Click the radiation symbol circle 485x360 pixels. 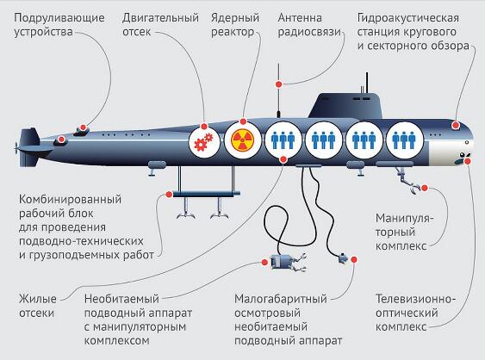(x=243, y=140)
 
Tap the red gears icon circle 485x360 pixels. (x=204, y=141)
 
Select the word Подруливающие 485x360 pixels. (x=59, y=18)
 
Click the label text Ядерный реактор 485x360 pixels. (x=234, y=25)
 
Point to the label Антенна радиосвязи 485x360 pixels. (x=309, y=25)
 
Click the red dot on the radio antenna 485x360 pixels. (x=279, y=84)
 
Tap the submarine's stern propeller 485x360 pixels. (x=16, y=148)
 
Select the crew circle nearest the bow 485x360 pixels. (x=404, y=140)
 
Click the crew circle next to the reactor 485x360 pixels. (x=283, y=140)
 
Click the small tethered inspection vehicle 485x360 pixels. (x=343, y=258)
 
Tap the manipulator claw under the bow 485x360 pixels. (x=413, y=188)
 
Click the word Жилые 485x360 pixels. (x=38, y=299)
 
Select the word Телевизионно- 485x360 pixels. (x=416, y=299)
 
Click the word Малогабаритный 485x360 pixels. (x=281, y=299)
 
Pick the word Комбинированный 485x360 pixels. (x=71, y=200)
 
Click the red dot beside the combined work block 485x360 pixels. (x=169, y=195)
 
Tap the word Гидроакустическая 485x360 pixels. (x=408, y=18)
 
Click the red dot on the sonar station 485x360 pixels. (x=456, y=125)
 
